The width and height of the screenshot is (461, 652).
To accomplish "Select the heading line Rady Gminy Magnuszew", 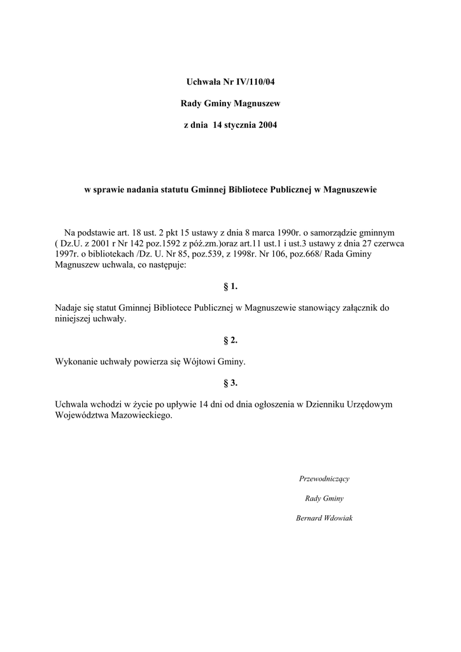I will tap(230, 103).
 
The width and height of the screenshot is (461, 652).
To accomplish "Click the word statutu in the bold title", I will tap(171, 190).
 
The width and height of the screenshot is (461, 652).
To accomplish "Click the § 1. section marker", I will tap(230, 287).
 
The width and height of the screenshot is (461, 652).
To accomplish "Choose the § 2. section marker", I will tap(230, 341).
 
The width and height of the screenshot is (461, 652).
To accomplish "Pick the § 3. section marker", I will tap(230, 383).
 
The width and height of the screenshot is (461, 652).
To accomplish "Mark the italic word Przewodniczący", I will tap(323, 479).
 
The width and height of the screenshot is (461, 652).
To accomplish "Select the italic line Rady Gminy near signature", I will tap(324, 499).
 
